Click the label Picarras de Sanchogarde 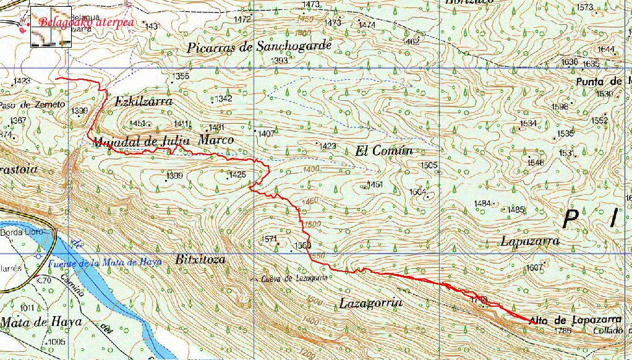tap(260, 46)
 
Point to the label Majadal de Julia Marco tap(163, 141)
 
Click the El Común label tap(383, 150)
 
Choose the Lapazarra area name tap(531, 241)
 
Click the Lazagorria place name tap(371, 303)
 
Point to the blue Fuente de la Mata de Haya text tap(105, 262)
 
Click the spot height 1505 tap(429, 165)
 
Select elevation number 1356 tap(181, 76)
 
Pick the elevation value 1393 tap(280, 61)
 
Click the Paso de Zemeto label tap(32, 105)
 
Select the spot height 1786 tap(563, 331)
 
